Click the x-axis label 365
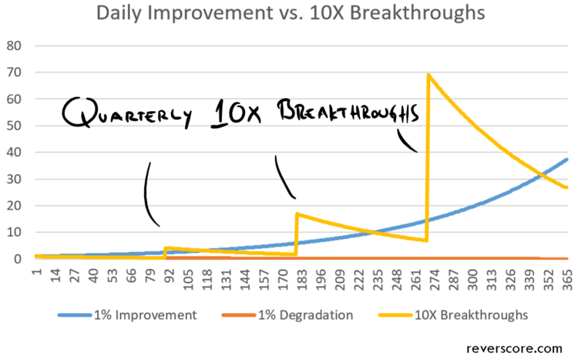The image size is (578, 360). coord(566,276)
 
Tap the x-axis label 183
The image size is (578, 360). coord(297,276)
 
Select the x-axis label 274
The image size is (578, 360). coord(432,276)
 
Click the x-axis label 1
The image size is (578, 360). coord(35,272)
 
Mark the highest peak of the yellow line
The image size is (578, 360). coord(428,75)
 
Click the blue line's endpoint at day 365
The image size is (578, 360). coord(567,160)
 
